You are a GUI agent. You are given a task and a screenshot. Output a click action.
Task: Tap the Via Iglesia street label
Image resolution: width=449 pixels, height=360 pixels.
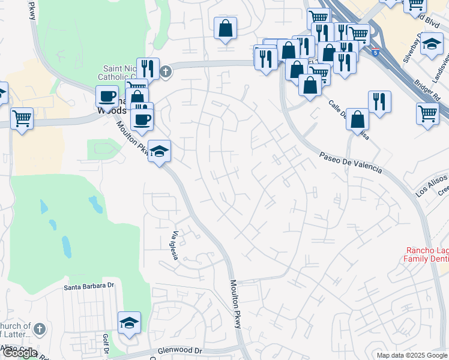tap(176, 245)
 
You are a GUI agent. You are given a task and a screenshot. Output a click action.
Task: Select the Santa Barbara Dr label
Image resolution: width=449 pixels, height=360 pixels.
tap(89, 287)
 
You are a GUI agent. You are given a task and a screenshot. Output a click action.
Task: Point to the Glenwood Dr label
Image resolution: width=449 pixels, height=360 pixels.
tap(181, 350)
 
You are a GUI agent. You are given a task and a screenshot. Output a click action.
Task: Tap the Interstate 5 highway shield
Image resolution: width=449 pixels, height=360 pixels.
tap(376, 52)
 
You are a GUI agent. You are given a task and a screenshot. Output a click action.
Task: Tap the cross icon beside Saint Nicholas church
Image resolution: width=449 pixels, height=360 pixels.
tap(166, 72)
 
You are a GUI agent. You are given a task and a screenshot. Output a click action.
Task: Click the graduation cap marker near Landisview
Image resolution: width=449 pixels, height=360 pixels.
tap(432, 44)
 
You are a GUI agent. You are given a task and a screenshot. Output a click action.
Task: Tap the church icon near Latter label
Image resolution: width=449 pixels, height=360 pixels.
tap(39, 329)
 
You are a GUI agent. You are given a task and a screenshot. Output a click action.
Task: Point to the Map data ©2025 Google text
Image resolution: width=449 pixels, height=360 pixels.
tap(412, 355)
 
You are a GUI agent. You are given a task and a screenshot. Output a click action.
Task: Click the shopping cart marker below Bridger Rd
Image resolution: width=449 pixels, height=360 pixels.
tap(427, 113)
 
